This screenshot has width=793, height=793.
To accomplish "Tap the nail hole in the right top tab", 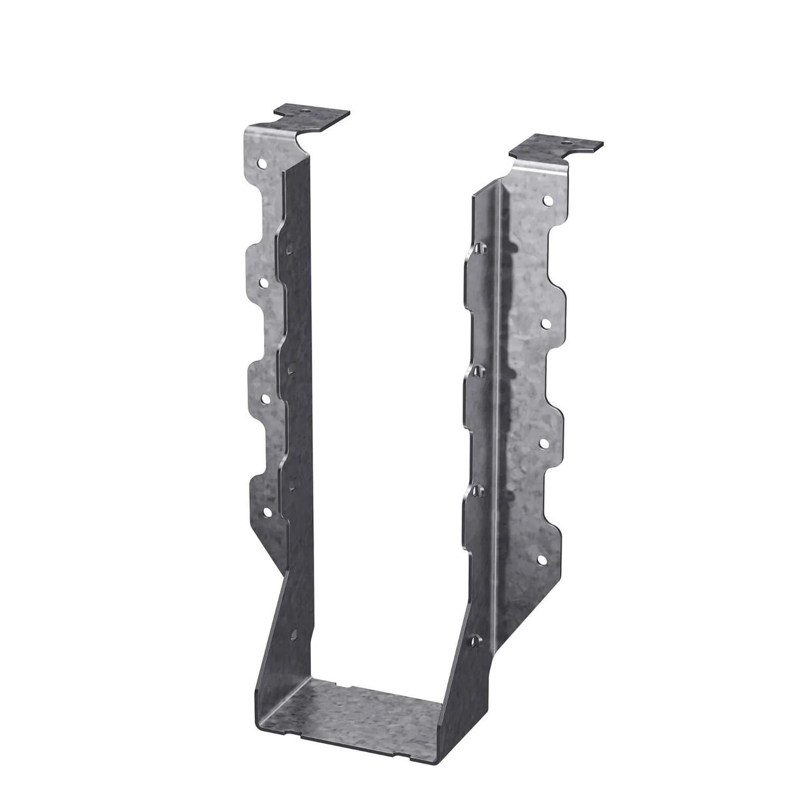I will (x=569, y=144).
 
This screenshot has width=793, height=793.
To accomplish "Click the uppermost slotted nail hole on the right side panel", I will (x=479, y=248).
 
